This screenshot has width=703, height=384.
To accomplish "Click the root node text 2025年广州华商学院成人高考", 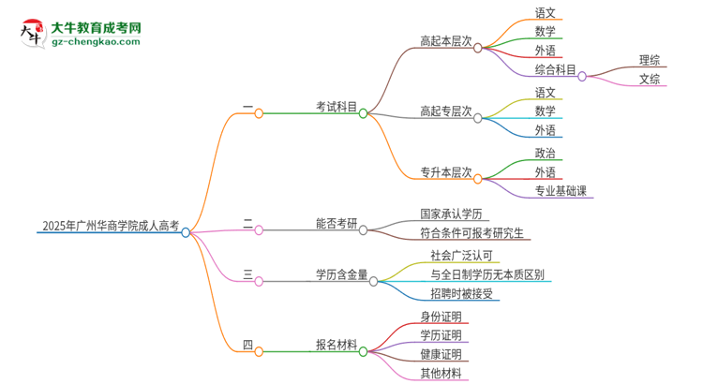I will tap(110, 226).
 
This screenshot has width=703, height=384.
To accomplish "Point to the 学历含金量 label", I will tap(341, 274).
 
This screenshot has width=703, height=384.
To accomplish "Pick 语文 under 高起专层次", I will tap(546, 93).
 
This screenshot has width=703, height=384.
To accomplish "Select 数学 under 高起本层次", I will tap(546, 32).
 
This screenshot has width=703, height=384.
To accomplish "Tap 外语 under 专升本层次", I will tap(546, 172).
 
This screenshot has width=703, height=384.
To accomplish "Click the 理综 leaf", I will tap(650, 61).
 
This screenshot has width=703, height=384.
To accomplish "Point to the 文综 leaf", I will tap(650, 80).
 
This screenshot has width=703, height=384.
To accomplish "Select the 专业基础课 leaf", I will tap(564, 191).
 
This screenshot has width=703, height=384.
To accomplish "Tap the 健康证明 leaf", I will tap(441, 354).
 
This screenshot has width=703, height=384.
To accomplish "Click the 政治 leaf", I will tap(546, 154).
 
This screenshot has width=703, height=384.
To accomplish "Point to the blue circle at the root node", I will tap(187, 232).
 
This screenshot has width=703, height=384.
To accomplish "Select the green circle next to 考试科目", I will tap(364, 112).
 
